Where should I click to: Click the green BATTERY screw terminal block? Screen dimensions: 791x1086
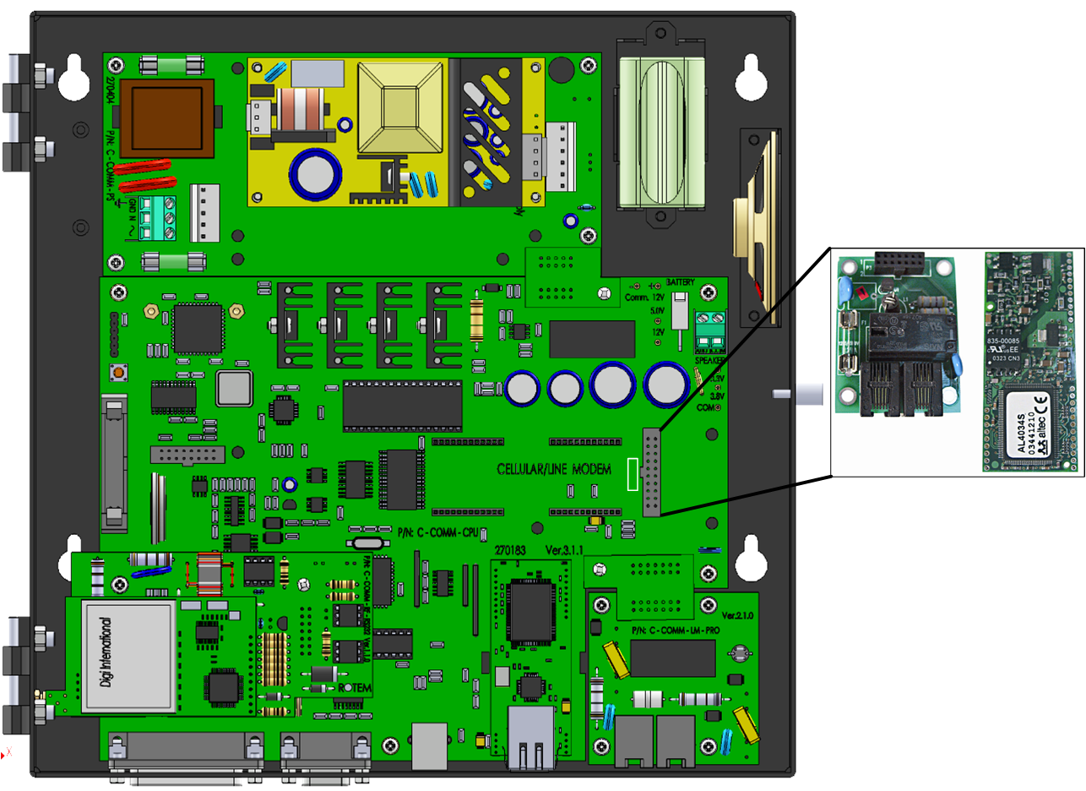711,330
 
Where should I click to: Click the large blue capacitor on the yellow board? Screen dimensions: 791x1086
315,173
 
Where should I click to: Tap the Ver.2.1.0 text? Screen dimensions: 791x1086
744,609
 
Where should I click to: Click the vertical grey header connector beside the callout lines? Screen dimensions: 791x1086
652,472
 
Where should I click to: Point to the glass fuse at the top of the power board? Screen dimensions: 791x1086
172,64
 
